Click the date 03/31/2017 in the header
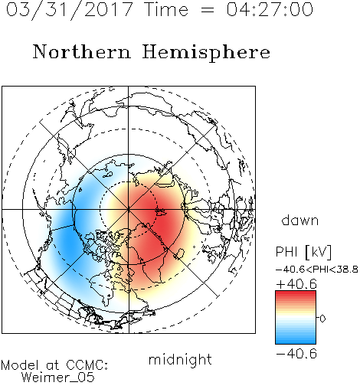coord(70,10)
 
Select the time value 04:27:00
coord(270,10)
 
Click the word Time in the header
coord(166,10)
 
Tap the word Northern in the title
coord(82,52)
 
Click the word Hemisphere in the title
coord(206,53)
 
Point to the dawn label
coord(300,220)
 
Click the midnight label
coord(180,359)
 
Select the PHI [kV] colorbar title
coord(303,252)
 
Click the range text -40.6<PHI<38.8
coord(317,270)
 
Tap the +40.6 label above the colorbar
coord(296,284)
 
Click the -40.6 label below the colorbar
coord(296,354)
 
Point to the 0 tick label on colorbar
coord(322,319)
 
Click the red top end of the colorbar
coord(296,293)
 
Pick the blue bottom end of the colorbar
coord(296,342)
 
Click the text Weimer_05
coord(58,378)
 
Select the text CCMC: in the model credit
coord(87,365)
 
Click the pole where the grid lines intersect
coord(129,210)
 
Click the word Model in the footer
coord(20,365)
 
